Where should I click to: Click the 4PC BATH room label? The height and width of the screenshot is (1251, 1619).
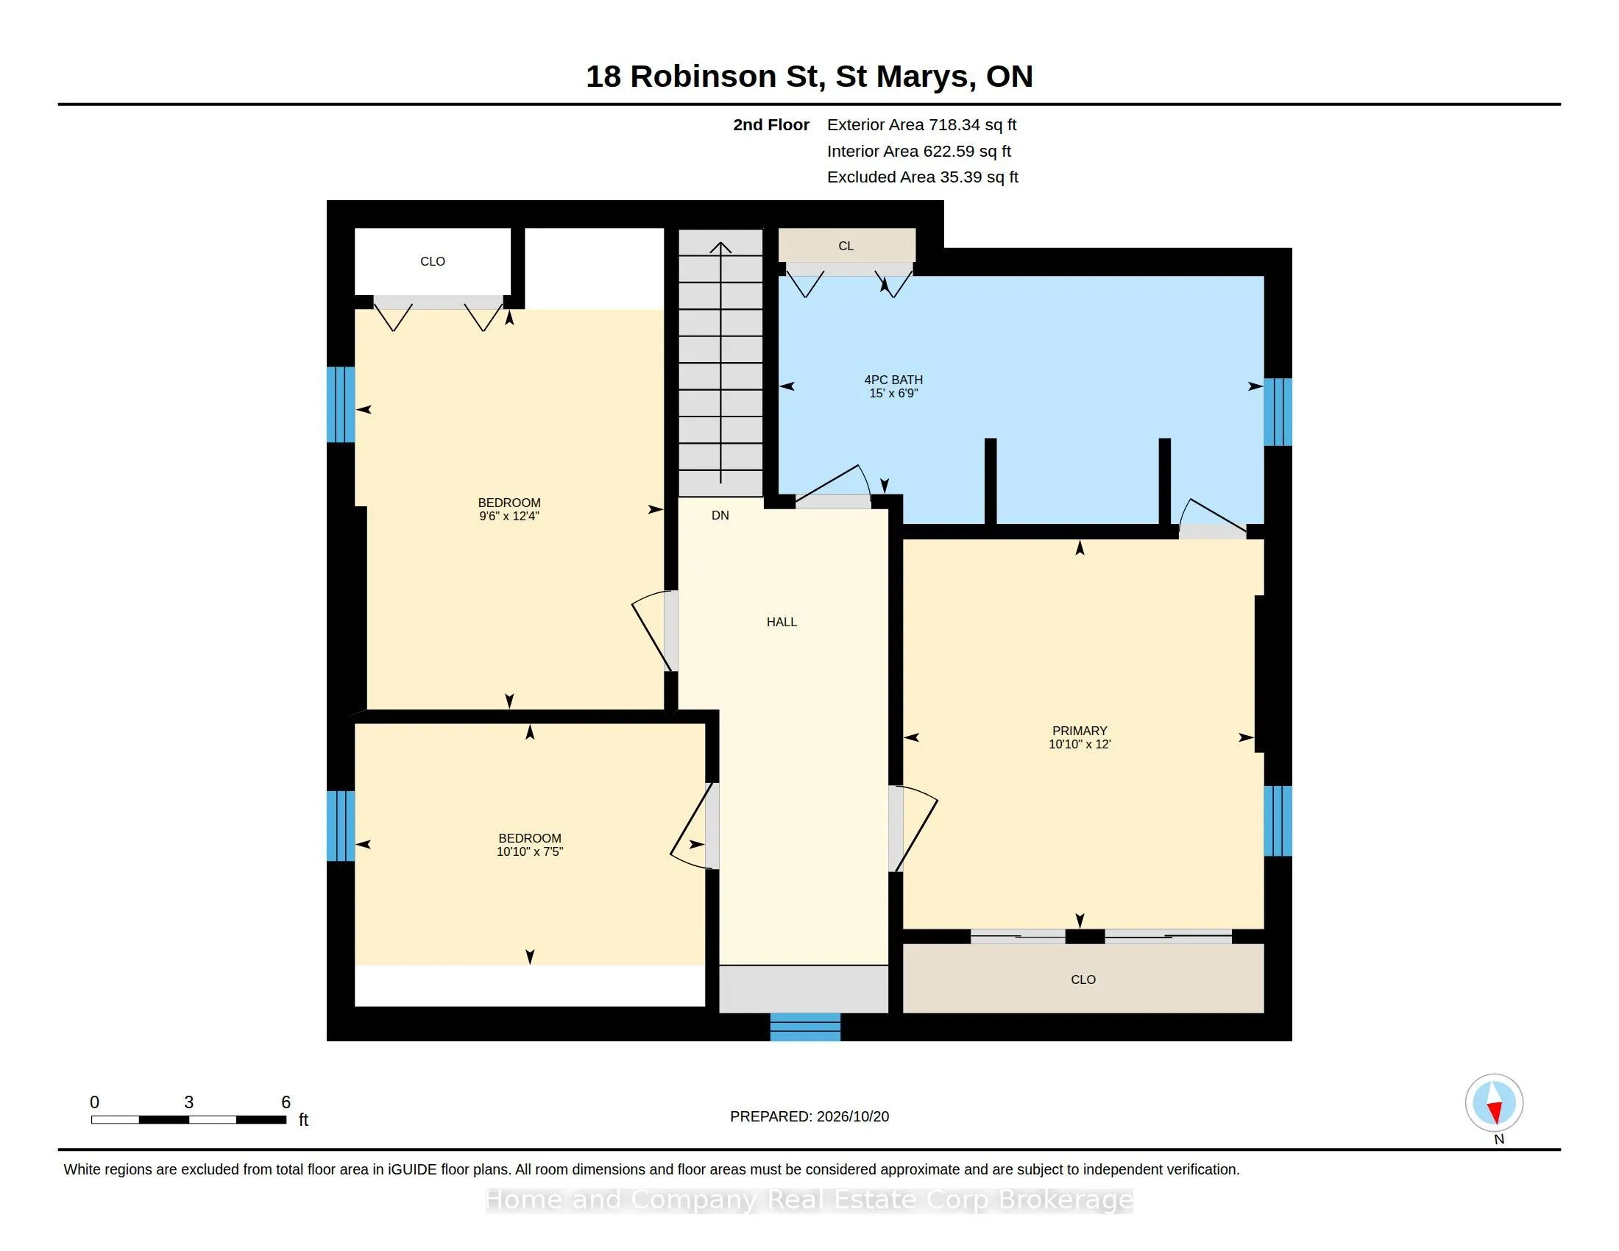[x=893, y=380]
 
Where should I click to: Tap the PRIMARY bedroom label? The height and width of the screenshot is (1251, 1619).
[x=1080, y=731]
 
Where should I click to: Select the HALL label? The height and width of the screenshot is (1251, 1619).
[x=782, y=622]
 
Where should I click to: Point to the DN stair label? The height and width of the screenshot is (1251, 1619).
[x=720, y=515]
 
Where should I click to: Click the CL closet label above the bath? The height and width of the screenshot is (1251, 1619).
[x=846, y=246]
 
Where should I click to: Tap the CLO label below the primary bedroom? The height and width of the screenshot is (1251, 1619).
[x=1083, y=979]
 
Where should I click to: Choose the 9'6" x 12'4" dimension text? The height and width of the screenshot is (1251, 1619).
[x=509, y=516]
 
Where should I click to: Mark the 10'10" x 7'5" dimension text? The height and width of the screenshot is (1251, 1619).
[x=529, y=851]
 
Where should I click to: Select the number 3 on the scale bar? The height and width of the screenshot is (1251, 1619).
[x=189, y=1102]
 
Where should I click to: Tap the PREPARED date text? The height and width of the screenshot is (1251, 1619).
[x=809, y=1116]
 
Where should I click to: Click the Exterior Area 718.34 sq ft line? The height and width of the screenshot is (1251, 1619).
[x=921, y=125]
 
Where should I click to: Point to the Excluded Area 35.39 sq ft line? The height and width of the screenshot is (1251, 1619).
[x=922, y=177]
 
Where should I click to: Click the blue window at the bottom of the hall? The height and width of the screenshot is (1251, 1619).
[x=805, y=1027]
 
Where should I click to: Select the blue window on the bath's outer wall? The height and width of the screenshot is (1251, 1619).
[x=1278, y=412]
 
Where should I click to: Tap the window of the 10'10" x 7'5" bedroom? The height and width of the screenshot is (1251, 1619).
[x=341, y=826]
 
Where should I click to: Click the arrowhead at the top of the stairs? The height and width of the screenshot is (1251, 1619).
[x=720, y=247]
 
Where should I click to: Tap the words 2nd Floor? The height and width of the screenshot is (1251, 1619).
[x=771, y=125]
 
